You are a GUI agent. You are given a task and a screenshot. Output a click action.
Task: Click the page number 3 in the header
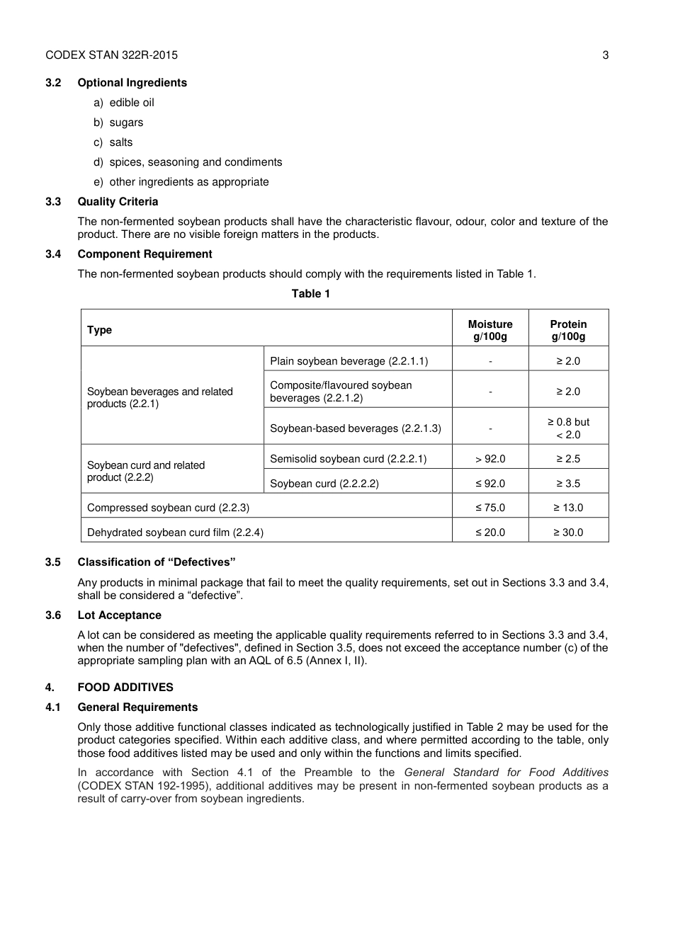[605, 55]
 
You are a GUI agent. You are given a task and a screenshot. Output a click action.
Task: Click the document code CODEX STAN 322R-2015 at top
[111, 55]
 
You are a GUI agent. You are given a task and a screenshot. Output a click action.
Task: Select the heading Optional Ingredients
[132, 83]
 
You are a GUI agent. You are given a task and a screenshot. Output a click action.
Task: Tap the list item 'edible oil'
[131, 103]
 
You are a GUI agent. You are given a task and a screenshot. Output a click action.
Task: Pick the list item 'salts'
[120, 142]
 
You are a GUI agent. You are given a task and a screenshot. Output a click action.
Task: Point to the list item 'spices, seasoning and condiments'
[196, 162]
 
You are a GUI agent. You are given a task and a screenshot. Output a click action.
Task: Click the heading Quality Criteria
[118, 202]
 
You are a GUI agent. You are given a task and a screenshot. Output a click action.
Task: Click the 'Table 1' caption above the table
[310, 294]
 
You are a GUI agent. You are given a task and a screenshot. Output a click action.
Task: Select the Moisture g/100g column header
[490, 330]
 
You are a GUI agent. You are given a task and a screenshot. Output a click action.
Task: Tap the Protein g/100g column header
[568, 330]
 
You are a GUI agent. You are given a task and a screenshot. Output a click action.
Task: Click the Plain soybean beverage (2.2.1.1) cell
[349, 361]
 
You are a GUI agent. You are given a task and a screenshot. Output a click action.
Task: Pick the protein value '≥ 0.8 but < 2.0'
[568, 428]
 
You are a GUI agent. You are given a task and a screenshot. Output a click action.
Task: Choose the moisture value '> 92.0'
[490, 459]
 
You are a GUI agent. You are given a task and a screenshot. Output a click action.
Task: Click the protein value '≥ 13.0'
[568, 508]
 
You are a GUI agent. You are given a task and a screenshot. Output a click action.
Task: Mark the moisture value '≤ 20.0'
[490, 533]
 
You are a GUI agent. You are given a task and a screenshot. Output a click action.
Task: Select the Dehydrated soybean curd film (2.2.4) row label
[175, 533]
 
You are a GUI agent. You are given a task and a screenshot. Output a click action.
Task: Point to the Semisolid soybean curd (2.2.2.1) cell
[348, 459]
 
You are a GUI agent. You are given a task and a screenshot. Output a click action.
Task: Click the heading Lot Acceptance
[119, 615]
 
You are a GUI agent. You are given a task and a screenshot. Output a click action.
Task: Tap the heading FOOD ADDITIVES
[125, 688]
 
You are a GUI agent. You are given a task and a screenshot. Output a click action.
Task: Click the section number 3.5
[53, 562]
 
